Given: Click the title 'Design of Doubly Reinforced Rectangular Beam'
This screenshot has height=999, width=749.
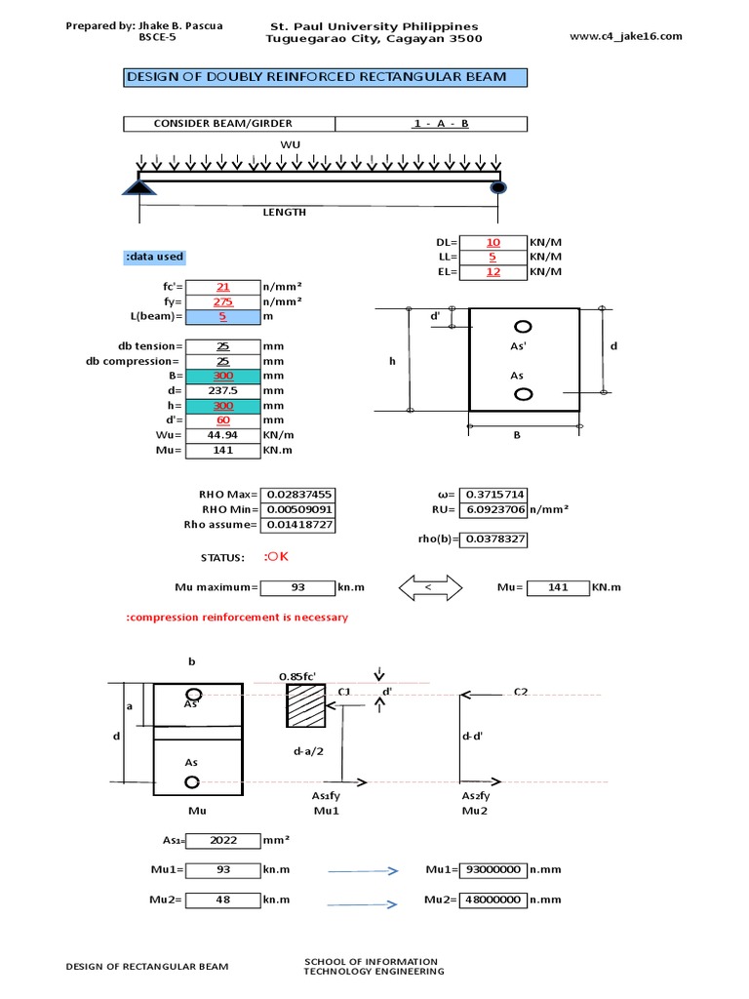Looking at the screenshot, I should (x=325, y=77).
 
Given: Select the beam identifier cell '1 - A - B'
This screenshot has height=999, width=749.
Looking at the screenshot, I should (x=431, y=124).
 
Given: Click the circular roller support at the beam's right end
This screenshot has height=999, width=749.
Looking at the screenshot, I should (x=498, y=187).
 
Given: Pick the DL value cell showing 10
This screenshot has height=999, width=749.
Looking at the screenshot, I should (x=493, y=242).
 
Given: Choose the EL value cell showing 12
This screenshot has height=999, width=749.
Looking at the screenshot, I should (x=493, y=271).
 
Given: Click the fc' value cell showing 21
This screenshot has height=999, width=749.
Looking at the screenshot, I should (x=222, y=287).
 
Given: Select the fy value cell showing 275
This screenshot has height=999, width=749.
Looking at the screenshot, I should (x=222, y=301).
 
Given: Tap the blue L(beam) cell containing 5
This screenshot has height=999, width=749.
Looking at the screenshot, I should (x=222, y=317).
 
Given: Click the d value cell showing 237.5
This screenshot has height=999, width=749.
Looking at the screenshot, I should (x=222, y=390).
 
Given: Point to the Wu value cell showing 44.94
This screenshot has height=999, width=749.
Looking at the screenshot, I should (x=222, y=435).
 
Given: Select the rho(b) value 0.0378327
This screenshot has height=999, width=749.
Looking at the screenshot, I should (x=496, y=539).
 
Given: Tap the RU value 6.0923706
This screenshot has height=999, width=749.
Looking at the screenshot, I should (x=496, y=509).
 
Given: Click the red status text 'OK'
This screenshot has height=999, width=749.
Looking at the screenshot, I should (x=277, y=557).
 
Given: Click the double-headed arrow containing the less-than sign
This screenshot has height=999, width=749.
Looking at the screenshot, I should (x=429, y=587).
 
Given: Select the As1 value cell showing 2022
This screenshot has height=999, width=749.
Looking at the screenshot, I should (x=222, y=841).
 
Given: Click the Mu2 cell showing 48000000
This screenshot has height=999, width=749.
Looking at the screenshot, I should (x=496, y=899).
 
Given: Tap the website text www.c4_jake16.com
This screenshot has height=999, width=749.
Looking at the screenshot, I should (x=624, y=36).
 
